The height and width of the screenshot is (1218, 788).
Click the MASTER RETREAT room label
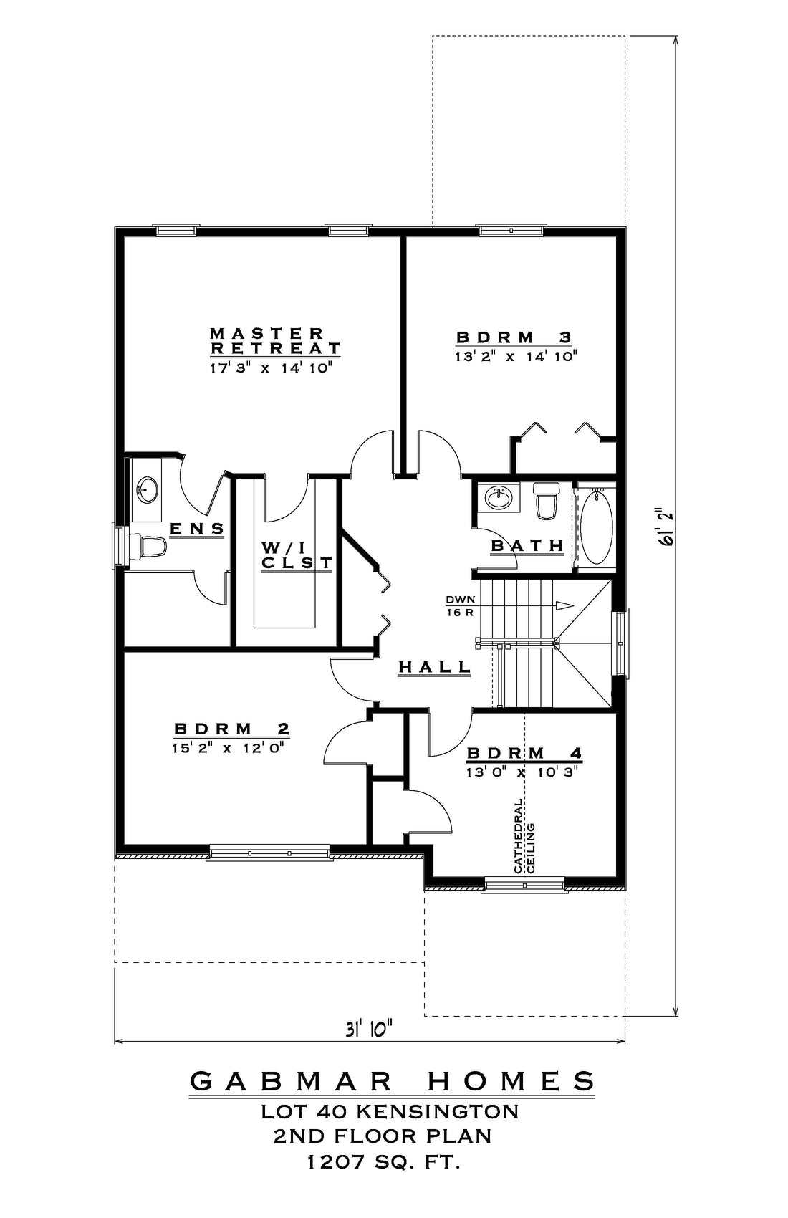(275, 340)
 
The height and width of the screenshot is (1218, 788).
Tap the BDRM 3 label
(514, 337)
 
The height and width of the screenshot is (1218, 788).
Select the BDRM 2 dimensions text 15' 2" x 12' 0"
(229, 748)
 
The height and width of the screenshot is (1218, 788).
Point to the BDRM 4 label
(525, 753)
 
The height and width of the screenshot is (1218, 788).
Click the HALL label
(435, 666)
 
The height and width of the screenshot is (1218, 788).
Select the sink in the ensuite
(148, 489)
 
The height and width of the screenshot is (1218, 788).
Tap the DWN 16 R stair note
(461, 605)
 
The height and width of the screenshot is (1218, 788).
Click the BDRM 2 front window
(269, 853)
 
